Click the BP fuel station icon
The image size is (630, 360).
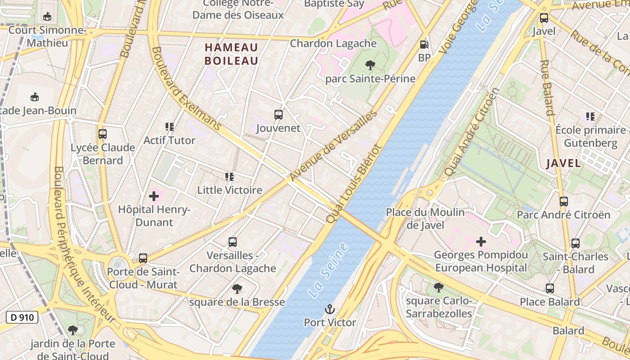tap(423, 45)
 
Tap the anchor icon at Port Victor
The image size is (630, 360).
tap(330, 309)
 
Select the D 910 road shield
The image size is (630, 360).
tap(22, 317)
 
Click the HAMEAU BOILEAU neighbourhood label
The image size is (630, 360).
tap(231, 54)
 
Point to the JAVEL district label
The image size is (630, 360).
tap(563, 163)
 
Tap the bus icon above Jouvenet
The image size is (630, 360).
tap(278, 115)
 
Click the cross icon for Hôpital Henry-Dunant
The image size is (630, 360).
tap(154, 196)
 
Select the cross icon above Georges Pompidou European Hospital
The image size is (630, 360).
tap(481, 242)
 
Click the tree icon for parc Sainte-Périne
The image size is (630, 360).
tap(370, 66)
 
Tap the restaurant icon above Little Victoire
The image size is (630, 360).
tap(229, 177)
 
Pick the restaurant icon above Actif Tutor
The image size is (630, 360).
tap(169, 127)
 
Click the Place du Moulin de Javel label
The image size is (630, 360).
tap(425, 219)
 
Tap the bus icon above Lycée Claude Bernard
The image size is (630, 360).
tap(103, 134)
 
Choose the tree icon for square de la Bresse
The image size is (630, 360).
tap(237, 288)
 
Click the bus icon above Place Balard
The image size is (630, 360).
tap(549, 288)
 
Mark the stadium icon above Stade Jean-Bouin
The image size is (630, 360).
tap(34, 97)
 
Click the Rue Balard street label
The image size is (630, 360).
tap(546, 87)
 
